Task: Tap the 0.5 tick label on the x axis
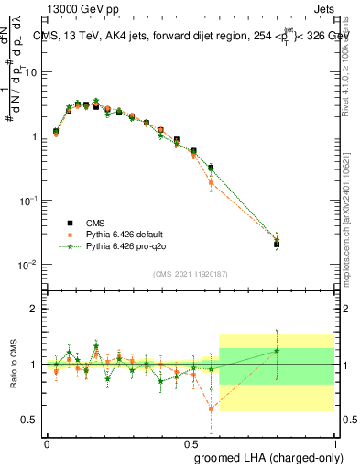191,441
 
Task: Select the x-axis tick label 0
47,441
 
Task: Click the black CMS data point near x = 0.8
277,245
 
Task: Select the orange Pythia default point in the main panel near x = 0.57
212,182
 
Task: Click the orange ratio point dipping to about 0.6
212,409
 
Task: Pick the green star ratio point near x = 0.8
277,351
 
